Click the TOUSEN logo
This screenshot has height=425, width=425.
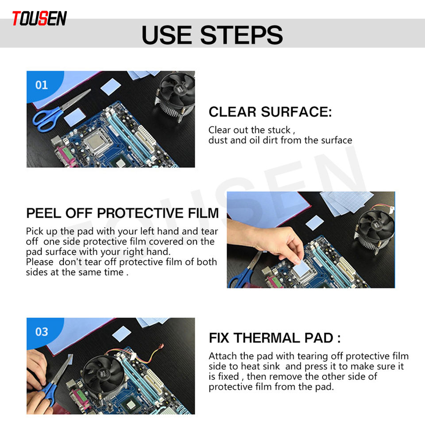[39, 19]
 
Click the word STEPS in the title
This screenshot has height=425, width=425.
[242, 35]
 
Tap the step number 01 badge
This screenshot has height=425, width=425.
[42, 85]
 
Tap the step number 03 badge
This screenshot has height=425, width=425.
[42, 332]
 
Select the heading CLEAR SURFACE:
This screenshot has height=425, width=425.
[270, 112]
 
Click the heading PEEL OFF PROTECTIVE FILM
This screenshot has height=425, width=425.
[123, 213]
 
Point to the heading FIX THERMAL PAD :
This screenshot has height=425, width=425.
[274, 338]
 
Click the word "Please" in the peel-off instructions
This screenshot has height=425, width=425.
[39, 262]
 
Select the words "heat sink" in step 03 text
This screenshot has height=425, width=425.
[260, 366]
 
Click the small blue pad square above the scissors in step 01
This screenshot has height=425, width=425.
[110, 86]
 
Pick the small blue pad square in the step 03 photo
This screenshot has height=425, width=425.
[122, 333]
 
